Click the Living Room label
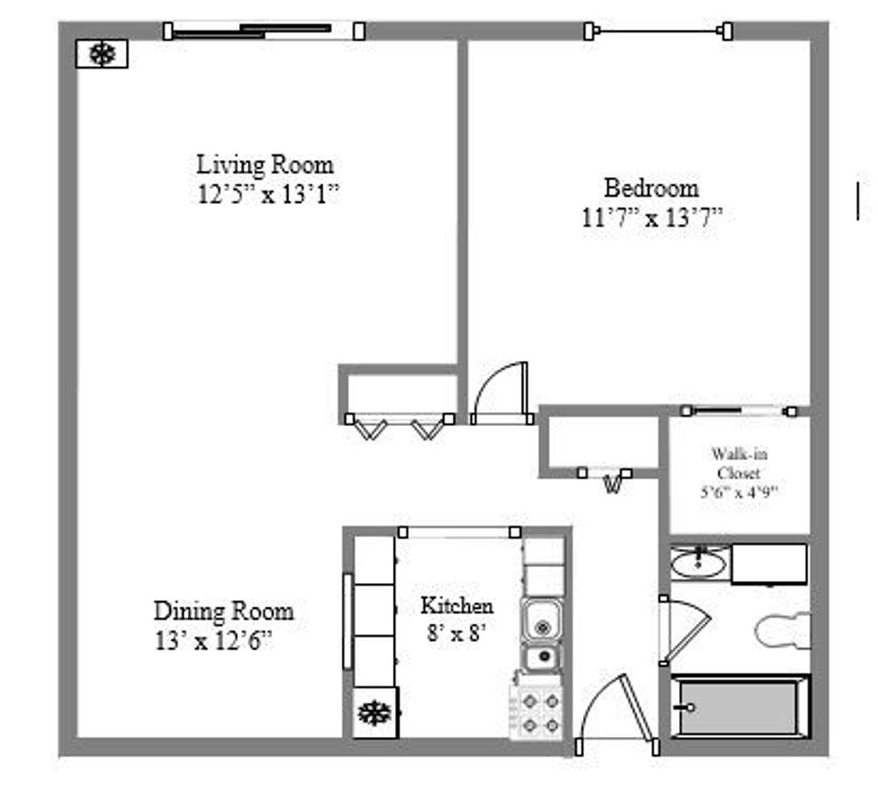(265, 165)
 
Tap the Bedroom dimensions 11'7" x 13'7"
(652, 218)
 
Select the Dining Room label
(223, 611)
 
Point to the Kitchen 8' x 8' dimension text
(456, 633)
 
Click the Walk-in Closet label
(739, 463)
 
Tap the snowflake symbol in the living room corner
(102, 54)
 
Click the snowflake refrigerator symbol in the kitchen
(374, 712)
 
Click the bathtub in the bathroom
(740, 707)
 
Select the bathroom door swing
(685, 631)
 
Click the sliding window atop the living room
(264, 31)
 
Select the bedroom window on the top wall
(658, 31)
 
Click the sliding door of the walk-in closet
(739, 411)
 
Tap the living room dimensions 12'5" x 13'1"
(269, 195)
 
